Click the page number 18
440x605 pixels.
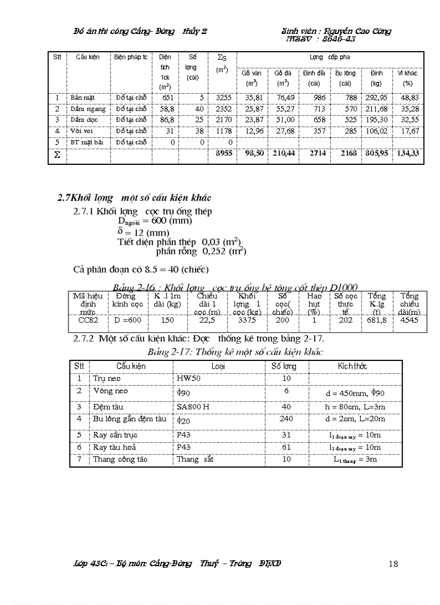tap(393, 564)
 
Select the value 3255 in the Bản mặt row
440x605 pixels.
tap(223, 98)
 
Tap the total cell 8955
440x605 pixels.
tap(223, 154)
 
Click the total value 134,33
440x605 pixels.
tap(408, 154)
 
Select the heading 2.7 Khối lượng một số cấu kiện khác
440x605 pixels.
tap(134, 198)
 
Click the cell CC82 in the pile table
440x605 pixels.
tap(87, 320)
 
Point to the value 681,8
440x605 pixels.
tap(376, 320)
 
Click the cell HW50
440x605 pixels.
tap(189, 379)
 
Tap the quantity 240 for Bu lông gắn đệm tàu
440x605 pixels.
tap(286, 419)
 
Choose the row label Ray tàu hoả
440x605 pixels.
tap(114, 447)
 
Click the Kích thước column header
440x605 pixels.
tap(353, 366)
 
